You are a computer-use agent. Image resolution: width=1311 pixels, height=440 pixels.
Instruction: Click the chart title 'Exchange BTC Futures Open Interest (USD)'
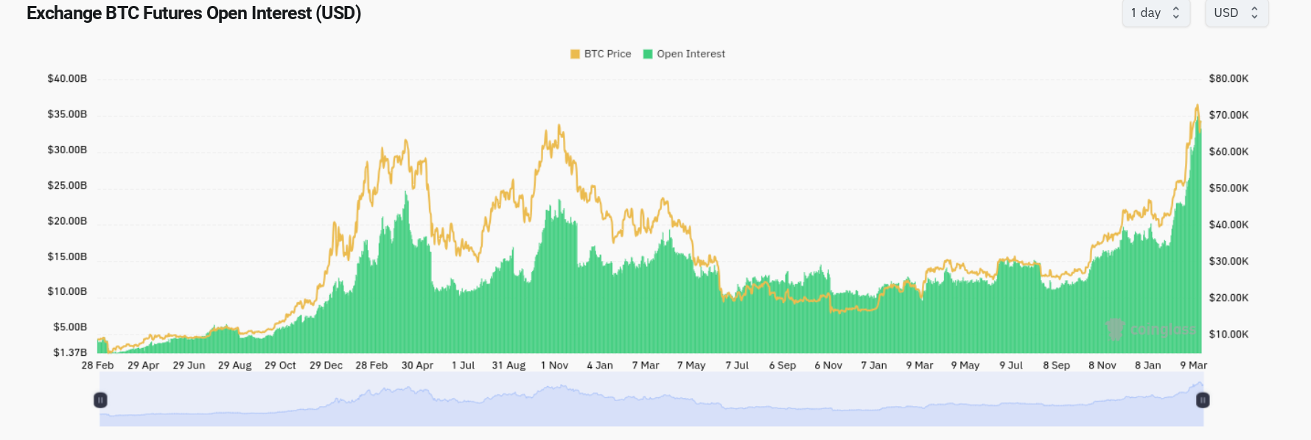194,13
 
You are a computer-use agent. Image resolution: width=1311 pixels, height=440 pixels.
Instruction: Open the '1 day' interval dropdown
1155,13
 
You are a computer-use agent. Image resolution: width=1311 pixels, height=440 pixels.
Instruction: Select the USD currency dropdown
1236,13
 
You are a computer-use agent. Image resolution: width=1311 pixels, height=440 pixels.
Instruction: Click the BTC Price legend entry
601,54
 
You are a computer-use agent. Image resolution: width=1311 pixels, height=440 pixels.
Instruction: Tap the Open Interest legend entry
684,54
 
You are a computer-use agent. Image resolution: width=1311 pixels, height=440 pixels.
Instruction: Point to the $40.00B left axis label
67,79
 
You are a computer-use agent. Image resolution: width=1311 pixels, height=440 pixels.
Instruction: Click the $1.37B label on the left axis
70,352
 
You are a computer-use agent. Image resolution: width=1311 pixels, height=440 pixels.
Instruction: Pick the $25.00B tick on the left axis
67,186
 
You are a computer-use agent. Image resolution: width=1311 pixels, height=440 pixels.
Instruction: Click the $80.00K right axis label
1228,79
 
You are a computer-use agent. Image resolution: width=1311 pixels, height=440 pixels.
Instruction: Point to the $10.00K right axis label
1228,335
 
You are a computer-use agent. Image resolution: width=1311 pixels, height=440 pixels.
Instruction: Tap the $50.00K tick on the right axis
1228,189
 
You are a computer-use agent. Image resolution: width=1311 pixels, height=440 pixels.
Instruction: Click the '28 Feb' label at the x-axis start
97,366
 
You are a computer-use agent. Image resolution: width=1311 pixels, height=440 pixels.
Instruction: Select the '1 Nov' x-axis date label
554,366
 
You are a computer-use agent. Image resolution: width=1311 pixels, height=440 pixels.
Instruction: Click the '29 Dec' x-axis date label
326,366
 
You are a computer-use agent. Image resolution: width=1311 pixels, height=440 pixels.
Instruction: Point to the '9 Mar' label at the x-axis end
1193,366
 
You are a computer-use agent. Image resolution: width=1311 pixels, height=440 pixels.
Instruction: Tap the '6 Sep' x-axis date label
782,366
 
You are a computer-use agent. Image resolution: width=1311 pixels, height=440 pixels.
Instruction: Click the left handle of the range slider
100,400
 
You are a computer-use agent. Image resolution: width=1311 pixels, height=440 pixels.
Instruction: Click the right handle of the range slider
1203,400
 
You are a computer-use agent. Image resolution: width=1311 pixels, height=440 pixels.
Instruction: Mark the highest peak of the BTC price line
1197,105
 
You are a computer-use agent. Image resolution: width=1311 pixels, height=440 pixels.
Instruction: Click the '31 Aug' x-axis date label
508,366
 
